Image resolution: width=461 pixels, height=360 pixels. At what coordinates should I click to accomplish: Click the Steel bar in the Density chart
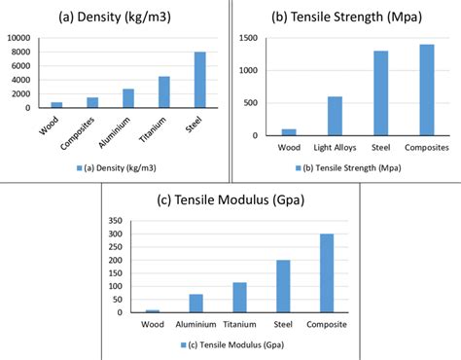coord(199,80)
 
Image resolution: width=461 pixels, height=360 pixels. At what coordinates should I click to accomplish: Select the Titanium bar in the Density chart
coord(164,91)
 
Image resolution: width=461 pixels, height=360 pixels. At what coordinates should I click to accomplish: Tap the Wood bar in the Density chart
coord(56,104)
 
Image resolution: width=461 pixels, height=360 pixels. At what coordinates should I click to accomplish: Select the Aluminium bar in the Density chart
coord(128,98)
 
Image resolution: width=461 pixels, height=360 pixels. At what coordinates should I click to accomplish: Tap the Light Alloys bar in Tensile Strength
coord(334,116)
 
